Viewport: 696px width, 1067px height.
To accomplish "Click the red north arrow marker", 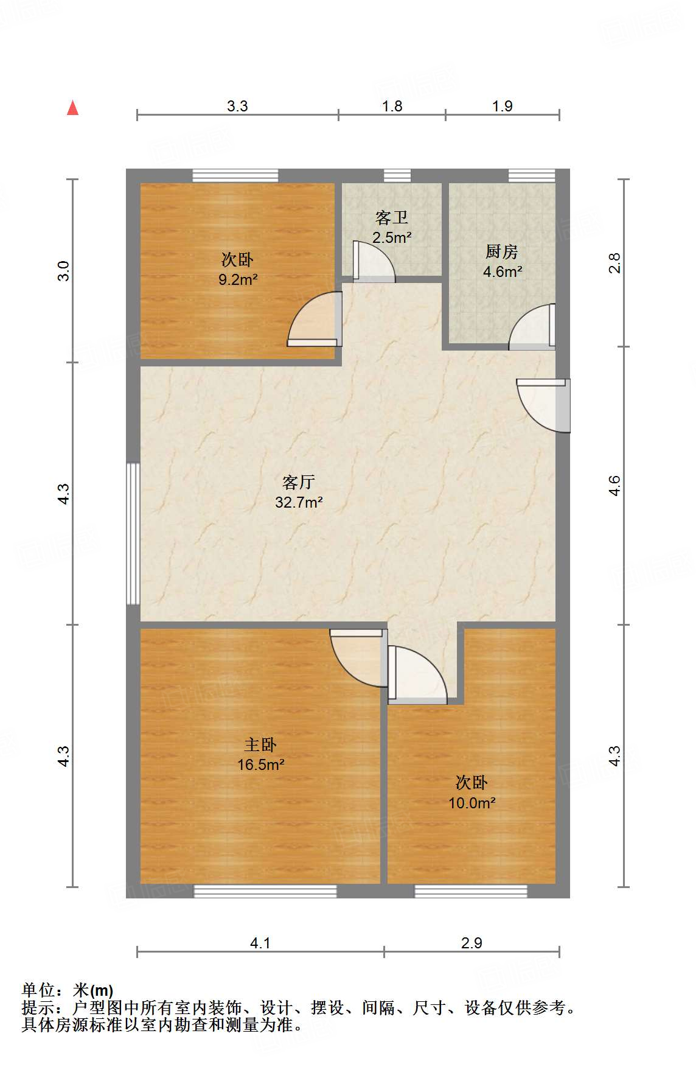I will point(73,108).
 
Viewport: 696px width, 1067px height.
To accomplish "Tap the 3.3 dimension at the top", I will point(237,106).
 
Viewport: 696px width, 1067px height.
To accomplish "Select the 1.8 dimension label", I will point(392,106).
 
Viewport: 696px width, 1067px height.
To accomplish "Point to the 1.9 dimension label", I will point(502,106).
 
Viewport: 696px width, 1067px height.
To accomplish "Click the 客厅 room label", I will point(298,482).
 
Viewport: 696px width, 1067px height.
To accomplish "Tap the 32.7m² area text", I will point(298,502).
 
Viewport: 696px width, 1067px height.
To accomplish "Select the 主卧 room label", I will point(260,744).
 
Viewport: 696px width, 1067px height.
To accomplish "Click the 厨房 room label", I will point(502,251).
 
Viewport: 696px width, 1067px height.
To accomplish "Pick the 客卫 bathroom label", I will point(392,217).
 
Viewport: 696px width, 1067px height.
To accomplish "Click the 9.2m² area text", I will point(237,280).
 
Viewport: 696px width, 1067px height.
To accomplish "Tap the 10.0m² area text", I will point(472,803).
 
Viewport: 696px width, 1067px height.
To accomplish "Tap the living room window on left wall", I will point(133,534).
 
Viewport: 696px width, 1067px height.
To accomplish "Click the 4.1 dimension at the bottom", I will point(260,943).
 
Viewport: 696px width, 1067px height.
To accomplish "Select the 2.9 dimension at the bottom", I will point(472,943).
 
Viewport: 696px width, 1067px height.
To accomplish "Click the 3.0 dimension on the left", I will point(64,270).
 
